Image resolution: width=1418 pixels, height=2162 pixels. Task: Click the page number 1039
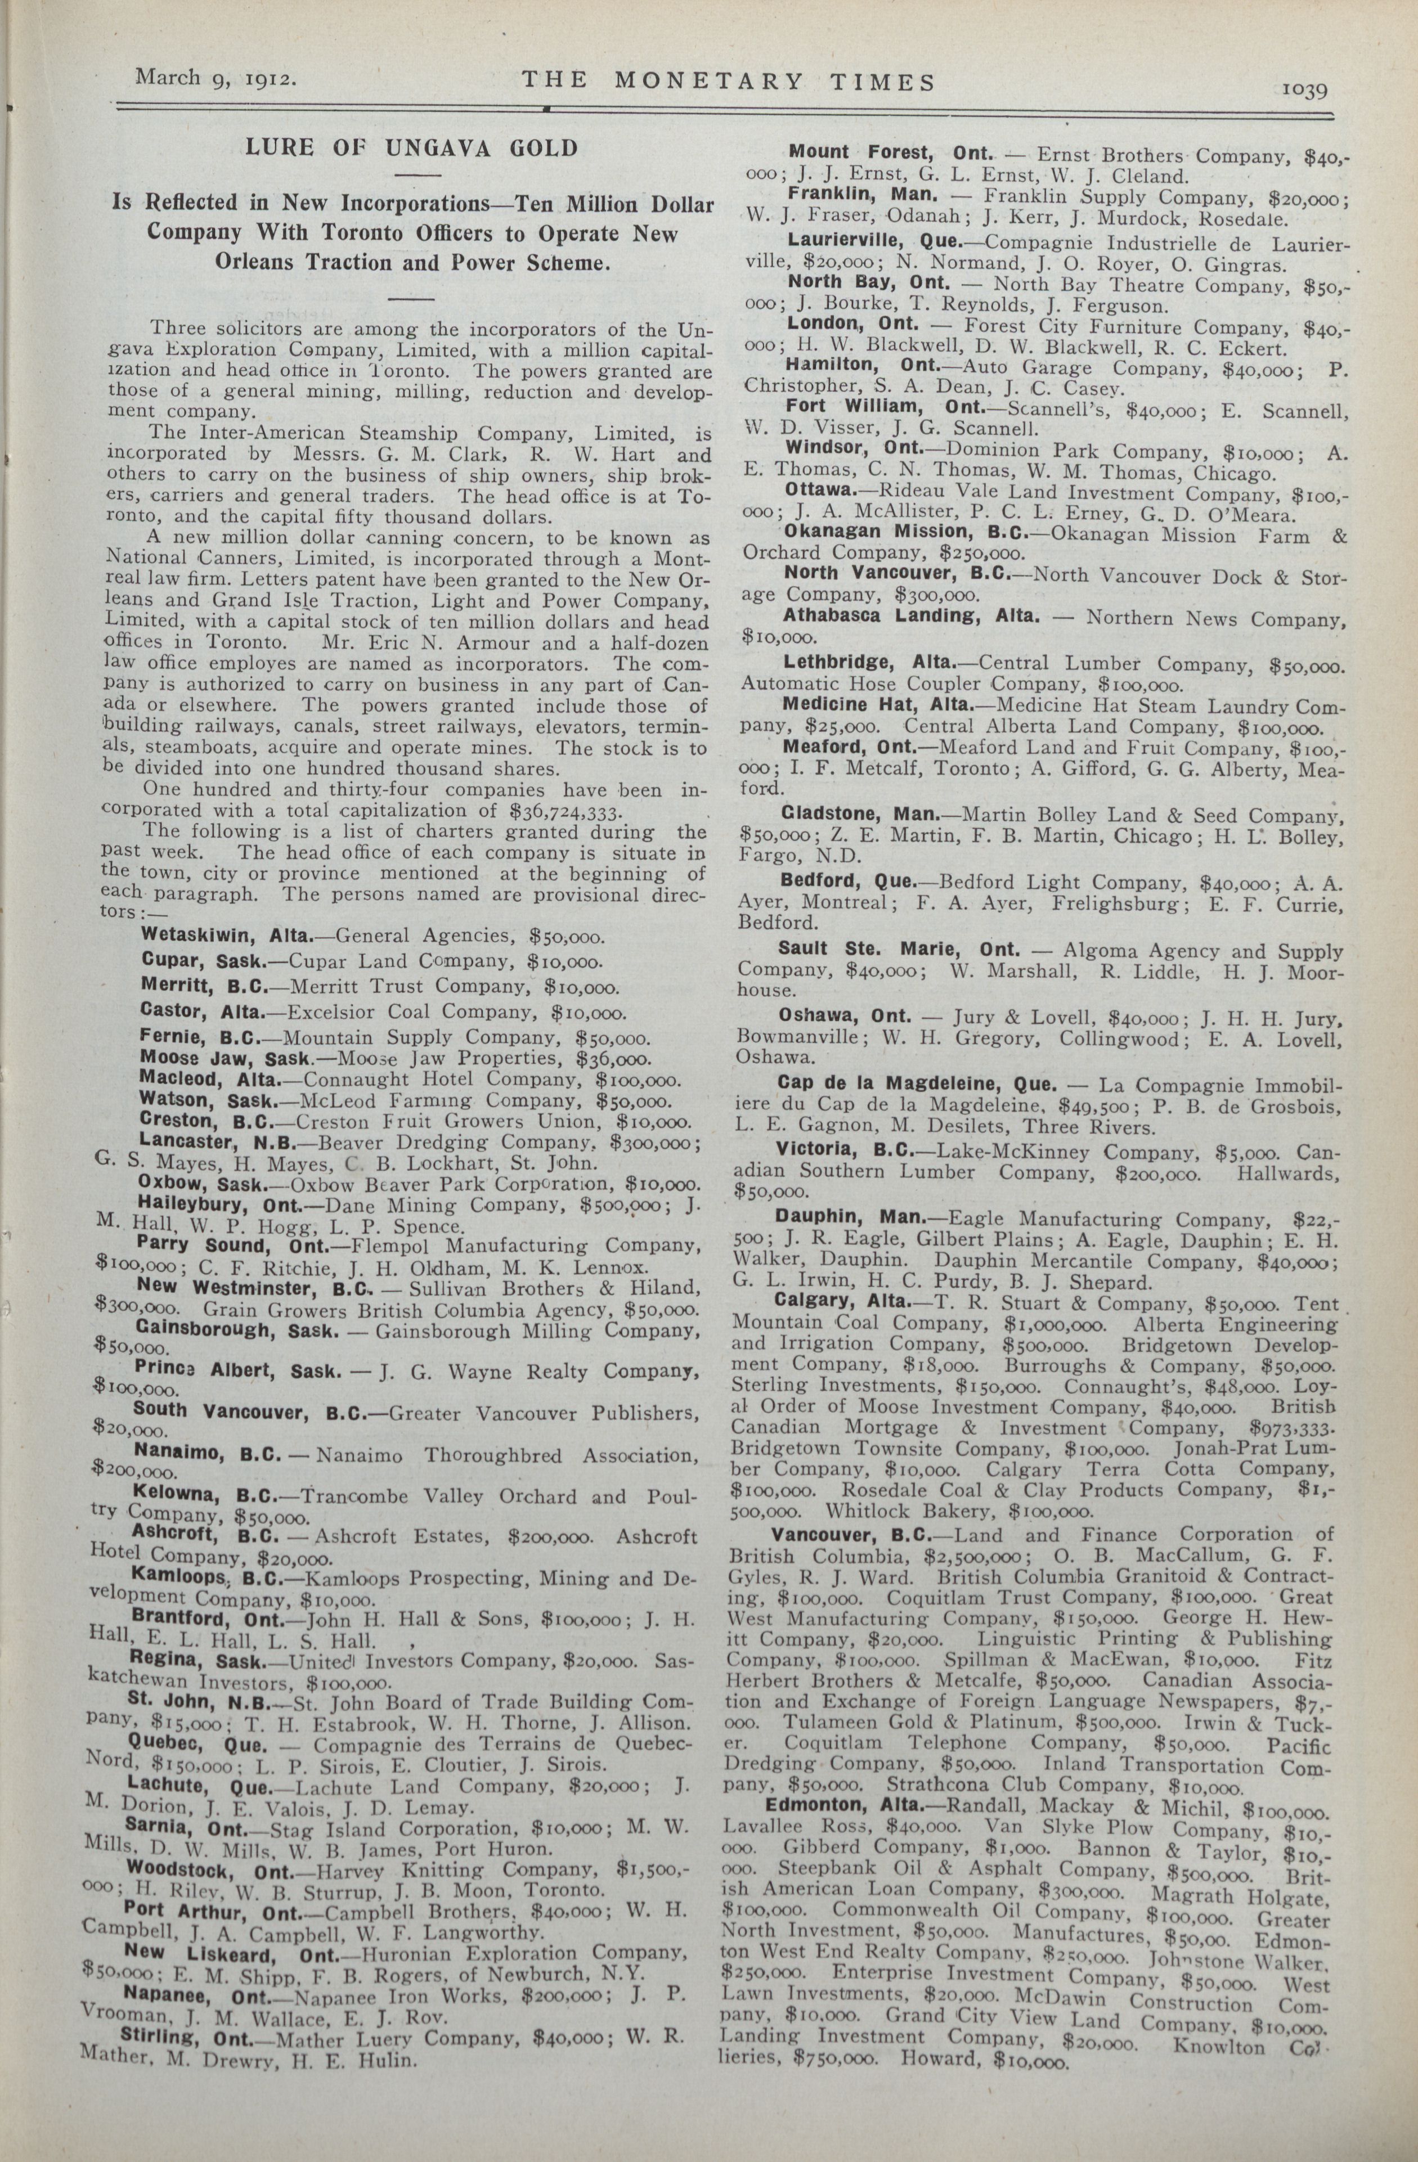click(1305, 90)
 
